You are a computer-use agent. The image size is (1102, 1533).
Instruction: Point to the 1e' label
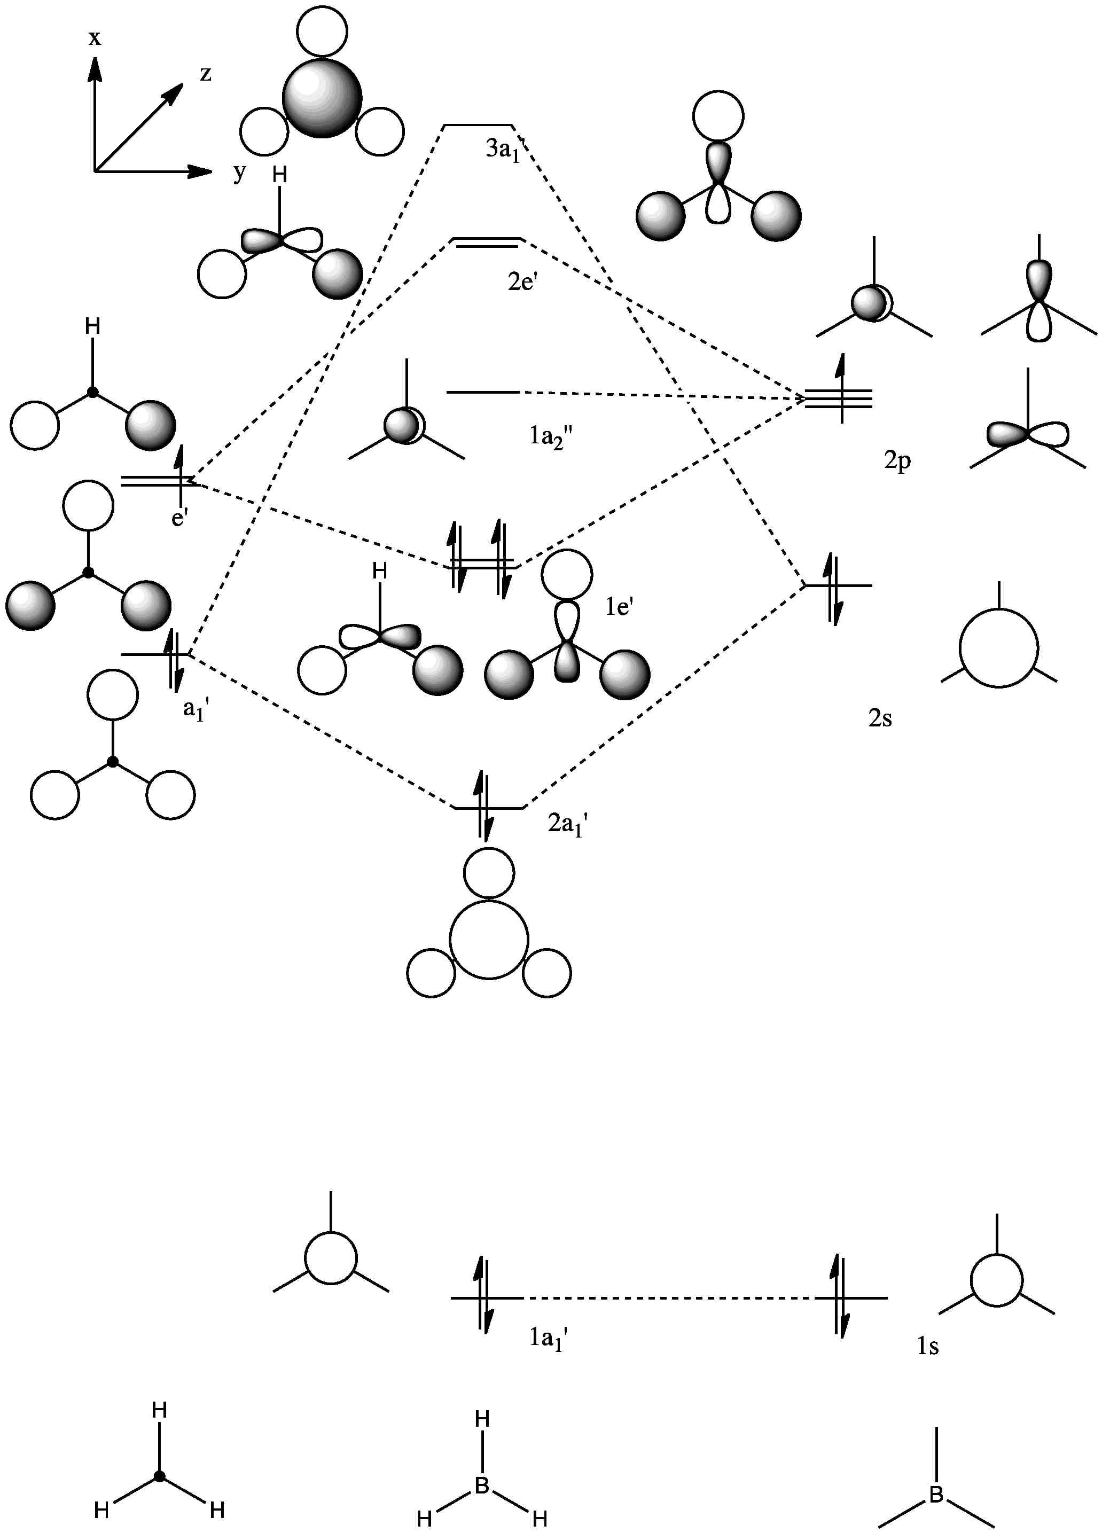pyautogui.click(x=619, y=606)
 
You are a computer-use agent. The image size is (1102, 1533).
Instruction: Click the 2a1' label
pyautogui.click(x=567, y=824)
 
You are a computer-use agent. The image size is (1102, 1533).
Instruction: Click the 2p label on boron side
pyautogui.click(x=897, y=461)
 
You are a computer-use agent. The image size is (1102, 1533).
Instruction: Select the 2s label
pyautogui.click(x=880, y=718)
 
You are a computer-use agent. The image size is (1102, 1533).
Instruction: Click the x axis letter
pyautogui.click(x=95, y=38)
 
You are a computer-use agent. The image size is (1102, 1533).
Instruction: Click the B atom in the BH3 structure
pyautogui.click(x=482, y=1485)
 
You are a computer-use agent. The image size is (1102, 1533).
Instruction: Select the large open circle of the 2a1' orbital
pyautogui.click(x=488, y=940)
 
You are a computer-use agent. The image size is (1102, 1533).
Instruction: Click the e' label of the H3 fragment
pyautogui.click(x=179, y=519)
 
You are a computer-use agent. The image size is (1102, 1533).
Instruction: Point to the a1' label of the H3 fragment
pyautogui.click(x=196, y=710)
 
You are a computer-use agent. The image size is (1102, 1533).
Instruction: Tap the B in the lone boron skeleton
pyautogui.click(x=936, y=1495)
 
